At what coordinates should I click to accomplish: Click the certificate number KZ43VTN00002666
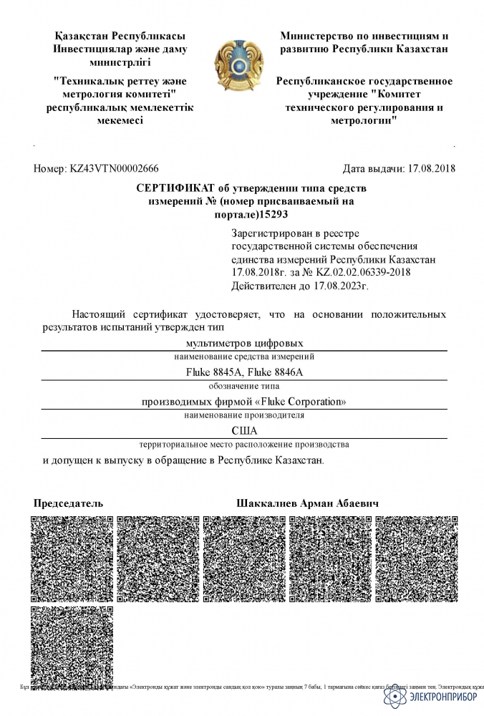(114, 169)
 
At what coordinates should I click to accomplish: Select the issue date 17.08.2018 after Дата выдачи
(431, 169)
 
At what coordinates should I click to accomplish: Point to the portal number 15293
(272, 214)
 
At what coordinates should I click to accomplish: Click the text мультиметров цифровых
(244, 343)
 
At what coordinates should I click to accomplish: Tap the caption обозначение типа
(244, 385)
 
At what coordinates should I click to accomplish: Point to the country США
(244, 430)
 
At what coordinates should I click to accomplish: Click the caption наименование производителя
(244, 415)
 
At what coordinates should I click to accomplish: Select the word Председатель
(68, 503)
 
